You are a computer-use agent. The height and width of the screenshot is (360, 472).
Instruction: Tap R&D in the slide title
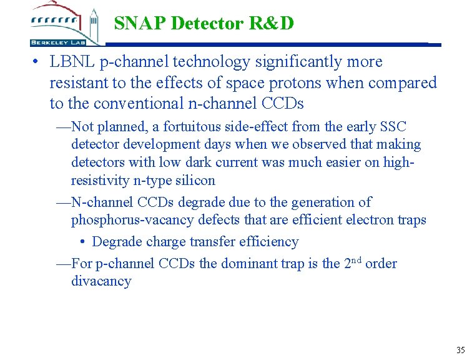[272, 24]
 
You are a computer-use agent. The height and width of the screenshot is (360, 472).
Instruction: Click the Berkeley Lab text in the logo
[56, 42]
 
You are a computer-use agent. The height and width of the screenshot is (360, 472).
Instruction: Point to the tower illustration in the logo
[94, 23]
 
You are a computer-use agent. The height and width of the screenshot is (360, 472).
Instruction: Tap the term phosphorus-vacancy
[127, 219]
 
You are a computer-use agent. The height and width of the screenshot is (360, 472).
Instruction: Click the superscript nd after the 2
[355, 259]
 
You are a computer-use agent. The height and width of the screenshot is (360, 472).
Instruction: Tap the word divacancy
[101, 281]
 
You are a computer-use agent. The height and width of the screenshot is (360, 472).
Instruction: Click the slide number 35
[460, 349]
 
